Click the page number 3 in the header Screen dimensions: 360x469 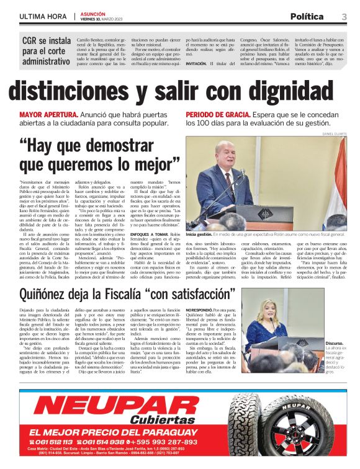pyautogui.click(x=343, y=16)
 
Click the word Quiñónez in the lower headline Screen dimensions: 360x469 pyautogui.click(x=48, y=293)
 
